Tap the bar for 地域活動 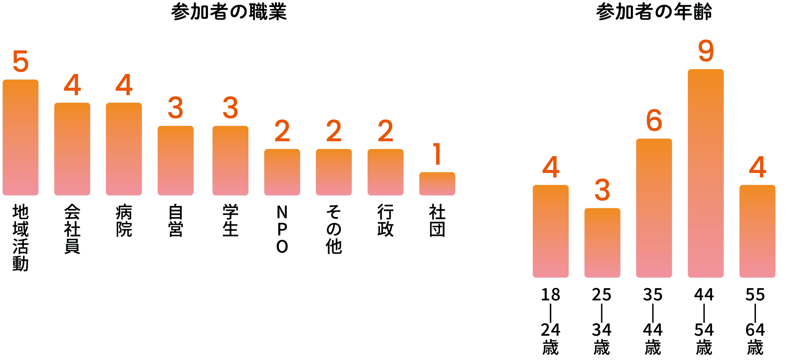pyautogui.click(x=21, y=138)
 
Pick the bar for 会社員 pyautogui.click(x=72, y=149)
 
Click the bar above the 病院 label pyautogui.click(x=124, y=149)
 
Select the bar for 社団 pyautogui.click(x=437, y=184)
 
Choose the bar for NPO pyautogui.click(x=282, y=172)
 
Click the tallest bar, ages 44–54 pyautogui.click(x=706, y=174)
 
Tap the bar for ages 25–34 pyautogui.click(x=602, y=243)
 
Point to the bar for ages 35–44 pyautogui.click(x=654, y=208)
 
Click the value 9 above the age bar pyautogui.click(x=706, y=52)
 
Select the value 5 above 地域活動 pyautogui.click(x=21, y=62)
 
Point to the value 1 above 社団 pyautogui.click(x=437, y=154)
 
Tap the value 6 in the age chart pyautogui.click(x=654, y=121)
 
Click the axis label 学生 pyautogui.click(x=230, y=220)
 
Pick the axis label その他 pyautogui.click(x=334, y=229)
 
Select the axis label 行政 pyautogui.click(x=385, y=220)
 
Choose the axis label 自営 pyautogui.click(x=175, y=220)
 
